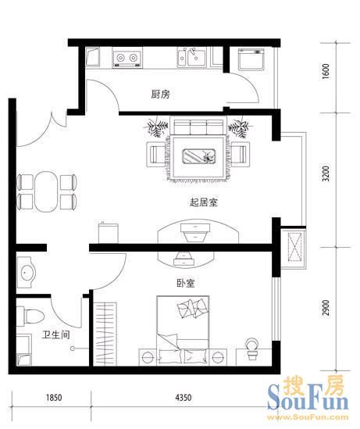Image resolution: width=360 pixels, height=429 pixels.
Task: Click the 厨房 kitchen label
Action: (x=160, y=95)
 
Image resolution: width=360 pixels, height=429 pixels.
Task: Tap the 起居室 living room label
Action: (x=204, y=202)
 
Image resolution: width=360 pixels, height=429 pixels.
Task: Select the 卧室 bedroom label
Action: (x=186, y=283)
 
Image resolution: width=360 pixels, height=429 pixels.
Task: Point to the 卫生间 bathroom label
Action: (x=56, y=334)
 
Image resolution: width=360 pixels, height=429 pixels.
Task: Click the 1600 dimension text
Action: (x=326, y=71)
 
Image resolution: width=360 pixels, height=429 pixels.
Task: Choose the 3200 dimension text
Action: (x=326, y=173)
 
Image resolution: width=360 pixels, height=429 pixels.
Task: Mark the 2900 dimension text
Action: (x=326, y=308)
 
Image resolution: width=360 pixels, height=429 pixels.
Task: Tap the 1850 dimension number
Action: (x=54, y=397)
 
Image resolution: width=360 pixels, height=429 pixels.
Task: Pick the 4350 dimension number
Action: (x=184, y=397)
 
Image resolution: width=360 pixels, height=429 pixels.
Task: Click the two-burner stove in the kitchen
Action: (x=127, y=58)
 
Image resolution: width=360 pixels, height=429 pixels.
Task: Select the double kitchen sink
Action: (x=191, y=58)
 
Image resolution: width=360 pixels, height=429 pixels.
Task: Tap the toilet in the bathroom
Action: (x=30, y=316)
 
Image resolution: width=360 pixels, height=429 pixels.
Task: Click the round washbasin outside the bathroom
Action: (x=27, y=272)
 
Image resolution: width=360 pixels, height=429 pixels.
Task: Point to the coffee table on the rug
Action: (x=198, y=156)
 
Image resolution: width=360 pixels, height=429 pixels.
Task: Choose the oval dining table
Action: (x=46, y=191)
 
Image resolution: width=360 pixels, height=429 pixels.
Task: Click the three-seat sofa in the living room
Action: (x=198, y=127)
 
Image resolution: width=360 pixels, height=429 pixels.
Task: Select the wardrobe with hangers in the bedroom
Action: (x=105, y=334)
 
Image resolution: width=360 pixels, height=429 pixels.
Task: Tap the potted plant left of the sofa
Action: (x=158, y=127)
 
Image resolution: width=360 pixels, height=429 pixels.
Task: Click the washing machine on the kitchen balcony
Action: (x=251, y=59)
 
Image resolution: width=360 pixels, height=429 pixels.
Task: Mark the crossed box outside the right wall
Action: (x=294, y=248)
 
